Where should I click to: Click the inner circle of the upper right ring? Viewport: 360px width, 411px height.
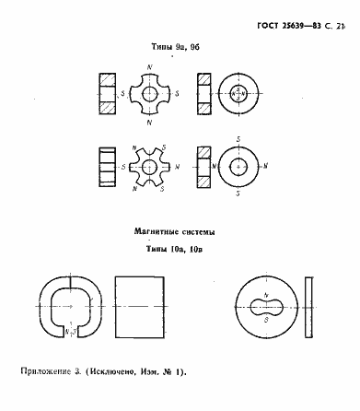pyautogui.click(x=238, y=93)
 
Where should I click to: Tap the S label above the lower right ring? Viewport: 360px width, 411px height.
pyautogui.click(x=238, y=139)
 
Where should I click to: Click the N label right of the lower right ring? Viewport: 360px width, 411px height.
pyautogui.click(x=266, y=167)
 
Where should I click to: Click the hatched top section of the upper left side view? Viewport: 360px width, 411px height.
pyautogui.click(x=104, y=78)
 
